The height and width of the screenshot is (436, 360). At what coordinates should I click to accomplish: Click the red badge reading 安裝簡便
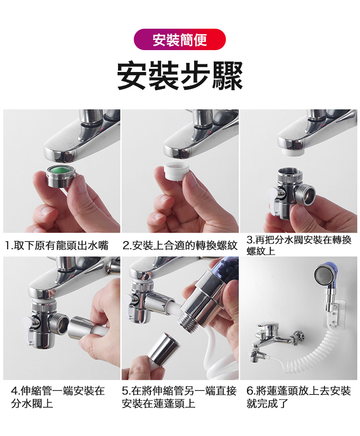coord(180,40)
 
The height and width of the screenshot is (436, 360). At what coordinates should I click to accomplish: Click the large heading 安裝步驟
coord(180,75)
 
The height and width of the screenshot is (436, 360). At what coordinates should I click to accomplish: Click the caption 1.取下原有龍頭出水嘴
coord(57,246)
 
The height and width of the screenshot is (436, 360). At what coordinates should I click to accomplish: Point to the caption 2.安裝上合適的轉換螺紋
coord(180,246)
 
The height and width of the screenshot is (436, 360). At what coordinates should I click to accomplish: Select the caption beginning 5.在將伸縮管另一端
coord(180,397)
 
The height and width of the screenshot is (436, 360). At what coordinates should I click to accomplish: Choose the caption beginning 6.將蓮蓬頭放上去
coord(298,397)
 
